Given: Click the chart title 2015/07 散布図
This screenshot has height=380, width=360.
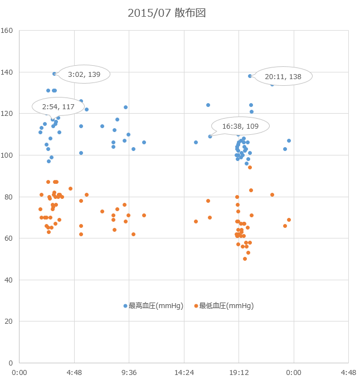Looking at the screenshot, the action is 167,13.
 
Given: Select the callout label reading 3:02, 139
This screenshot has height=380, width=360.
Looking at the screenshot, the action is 84,75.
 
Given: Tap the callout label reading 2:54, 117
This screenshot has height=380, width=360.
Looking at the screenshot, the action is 58,106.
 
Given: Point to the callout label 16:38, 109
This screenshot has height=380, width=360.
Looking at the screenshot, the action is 240,126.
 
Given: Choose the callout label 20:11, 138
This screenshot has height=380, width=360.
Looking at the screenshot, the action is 283,76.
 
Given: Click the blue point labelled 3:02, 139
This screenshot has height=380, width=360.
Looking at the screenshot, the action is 54,74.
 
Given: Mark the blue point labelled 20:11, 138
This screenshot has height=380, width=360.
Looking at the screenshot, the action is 250,76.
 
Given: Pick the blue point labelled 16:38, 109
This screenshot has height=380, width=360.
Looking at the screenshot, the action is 210,137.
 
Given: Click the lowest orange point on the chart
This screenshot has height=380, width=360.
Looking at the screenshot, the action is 245,259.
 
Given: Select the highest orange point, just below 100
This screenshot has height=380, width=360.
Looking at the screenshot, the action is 250,168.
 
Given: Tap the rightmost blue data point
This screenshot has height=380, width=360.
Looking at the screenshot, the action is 289,141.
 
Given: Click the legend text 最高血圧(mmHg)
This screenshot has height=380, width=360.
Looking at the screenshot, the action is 156,306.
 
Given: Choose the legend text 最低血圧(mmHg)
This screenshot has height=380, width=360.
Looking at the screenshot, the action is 226,306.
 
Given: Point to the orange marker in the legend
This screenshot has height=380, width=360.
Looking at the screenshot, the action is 196,306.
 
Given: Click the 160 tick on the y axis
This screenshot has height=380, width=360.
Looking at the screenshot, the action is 7,31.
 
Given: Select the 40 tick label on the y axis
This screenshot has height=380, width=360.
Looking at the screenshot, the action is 8,280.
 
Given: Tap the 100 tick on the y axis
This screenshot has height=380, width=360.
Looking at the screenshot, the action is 7,155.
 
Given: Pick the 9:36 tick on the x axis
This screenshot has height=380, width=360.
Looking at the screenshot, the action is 129,373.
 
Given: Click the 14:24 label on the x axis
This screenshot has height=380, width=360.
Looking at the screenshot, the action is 184,373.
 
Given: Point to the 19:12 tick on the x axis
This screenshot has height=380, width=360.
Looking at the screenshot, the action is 239,373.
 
